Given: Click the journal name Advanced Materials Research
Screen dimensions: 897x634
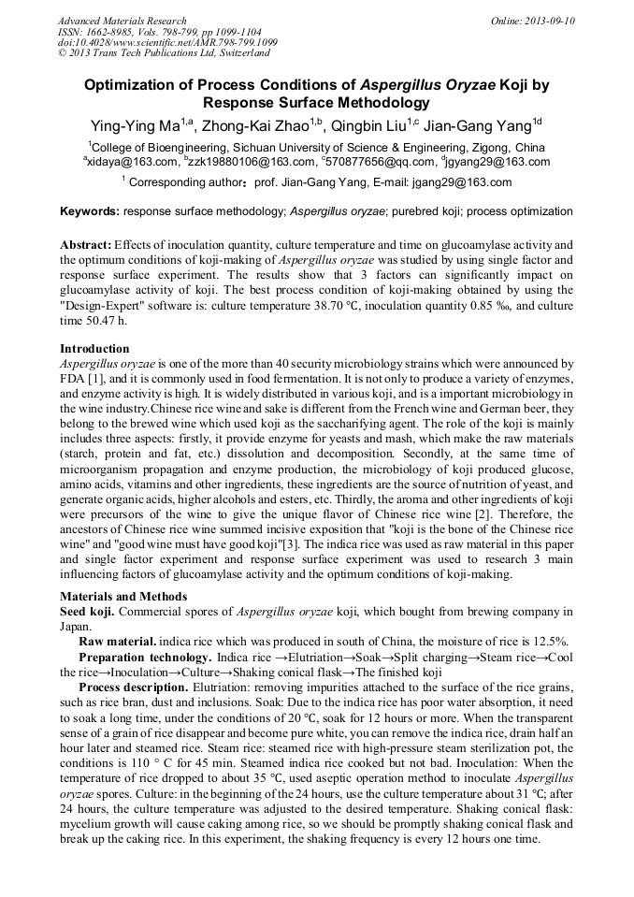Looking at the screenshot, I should click(x=122, y=21).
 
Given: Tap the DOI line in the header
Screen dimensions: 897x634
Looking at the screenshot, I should click(x=167, y=43).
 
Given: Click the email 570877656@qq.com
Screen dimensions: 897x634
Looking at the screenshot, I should click(x=367, y=162).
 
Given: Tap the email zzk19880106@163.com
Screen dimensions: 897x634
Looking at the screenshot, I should click(x=247, y=162).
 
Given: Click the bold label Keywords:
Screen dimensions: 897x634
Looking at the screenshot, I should click(x=90, y=211).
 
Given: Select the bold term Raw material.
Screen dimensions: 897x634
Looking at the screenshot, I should click(x=117, y=642).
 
